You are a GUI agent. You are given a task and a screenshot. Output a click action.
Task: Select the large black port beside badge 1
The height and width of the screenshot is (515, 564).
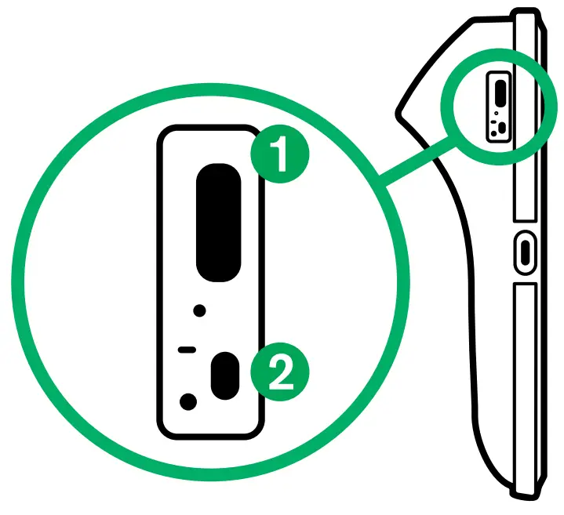click(x=218, y=222)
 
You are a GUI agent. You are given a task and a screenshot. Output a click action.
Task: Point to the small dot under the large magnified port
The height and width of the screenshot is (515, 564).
click(x=200, y=311)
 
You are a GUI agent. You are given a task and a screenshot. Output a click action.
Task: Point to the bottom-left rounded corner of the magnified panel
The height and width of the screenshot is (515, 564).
click(x=166, y=430)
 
